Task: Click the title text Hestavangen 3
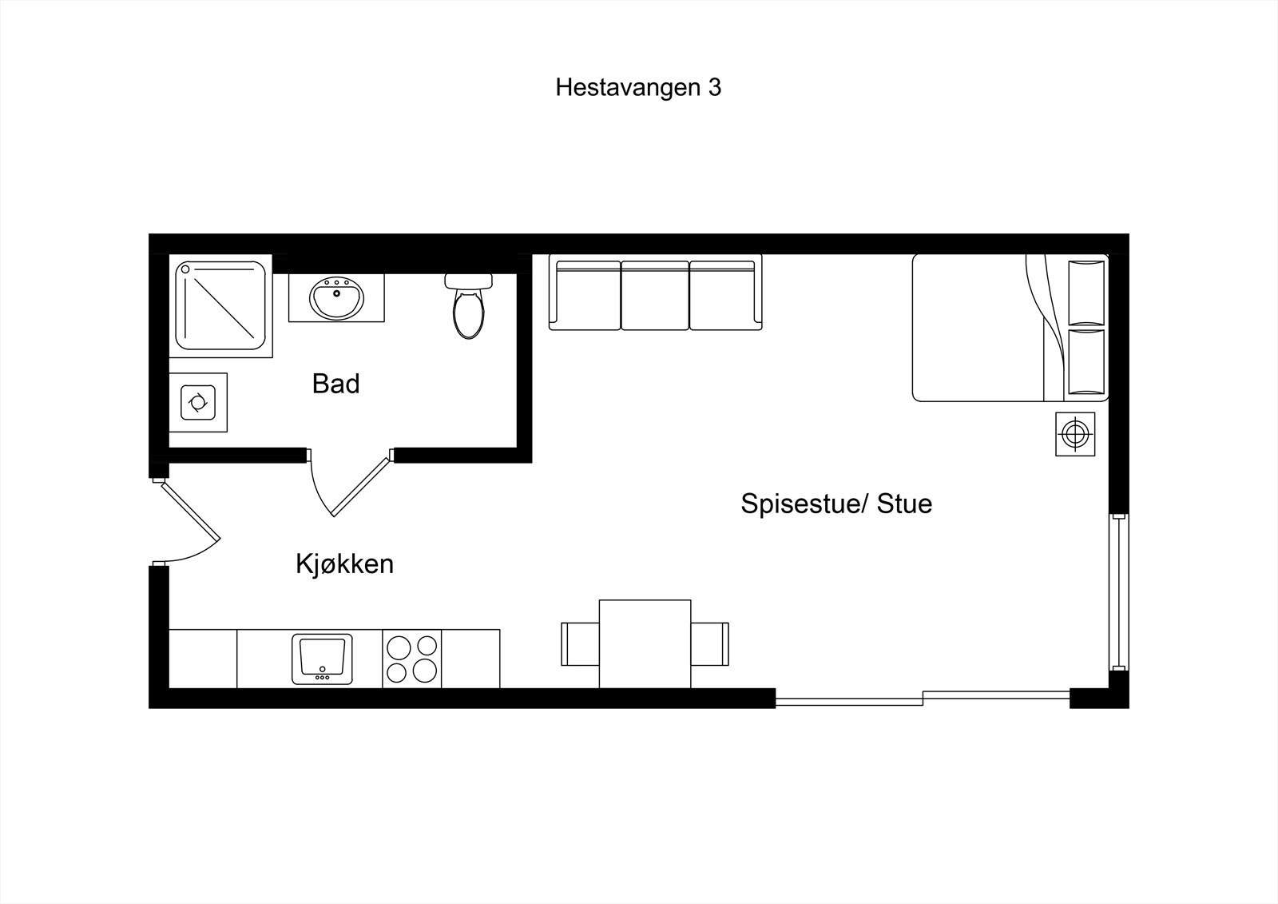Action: [638, 87]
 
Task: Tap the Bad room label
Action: [335, 384]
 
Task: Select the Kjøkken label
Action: [344, 564]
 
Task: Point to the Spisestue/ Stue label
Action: [836, 504]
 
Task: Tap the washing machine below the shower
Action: [197, 402]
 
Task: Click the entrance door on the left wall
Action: [189, 520]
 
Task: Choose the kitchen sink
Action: [322, 659]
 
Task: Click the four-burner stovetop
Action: [412, 659]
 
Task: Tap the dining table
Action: [645, 643]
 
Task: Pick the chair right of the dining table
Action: [710, 644]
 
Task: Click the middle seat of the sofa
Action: [655, 294]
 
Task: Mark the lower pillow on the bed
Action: [1086, 362]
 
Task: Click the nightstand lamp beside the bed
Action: [1075, 434]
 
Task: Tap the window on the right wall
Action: [1119, 592]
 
